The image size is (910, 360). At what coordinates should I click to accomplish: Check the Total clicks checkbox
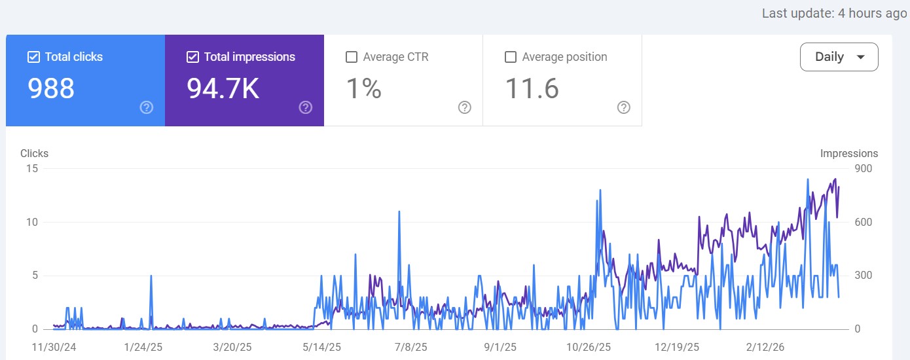click(x=34, y=57)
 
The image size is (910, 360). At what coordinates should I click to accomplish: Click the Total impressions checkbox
click(x=192, y=57)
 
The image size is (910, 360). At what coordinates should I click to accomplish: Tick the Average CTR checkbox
click(x=352, y=57)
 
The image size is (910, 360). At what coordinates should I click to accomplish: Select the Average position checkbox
click(x=511, y=57)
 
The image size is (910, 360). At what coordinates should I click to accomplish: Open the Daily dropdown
click(x=839, y=57)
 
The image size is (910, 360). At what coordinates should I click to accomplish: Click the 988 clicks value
click(x=51, y=88)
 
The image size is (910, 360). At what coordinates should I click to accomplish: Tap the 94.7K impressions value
click(x=223, y=88)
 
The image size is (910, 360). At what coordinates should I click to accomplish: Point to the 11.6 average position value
click(x=532, y=88)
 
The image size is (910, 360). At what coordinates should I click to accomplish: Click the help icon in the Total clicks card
click(x=147, y=107)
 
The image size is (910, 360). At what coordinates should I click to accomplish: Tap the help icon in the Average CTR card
click(x=465, y=107)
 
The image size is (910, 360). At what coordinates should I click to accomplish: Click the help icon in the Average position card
click(x=624, y=107)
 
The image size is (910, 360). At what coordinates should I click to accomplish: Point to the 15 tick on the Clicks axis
click(x=31, y=169)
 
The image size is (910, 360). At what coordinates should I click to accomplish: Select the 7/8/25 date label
click(x=411, y=346)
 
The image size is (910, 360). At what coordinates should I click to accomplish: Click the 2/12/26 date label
click(x=765, y=346)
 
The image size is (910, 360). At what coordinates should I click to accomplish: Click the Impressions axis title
click(x=848, y=153)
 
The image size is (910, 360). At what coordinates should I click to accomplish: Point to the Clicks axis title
click(x=34, y=153)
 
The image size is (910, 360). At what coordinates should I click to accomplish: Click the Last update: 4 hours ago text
click(x=834, y=13)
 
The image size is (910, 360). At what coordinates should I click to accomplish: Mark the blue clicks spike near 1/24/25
click(x=151, y=276)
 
